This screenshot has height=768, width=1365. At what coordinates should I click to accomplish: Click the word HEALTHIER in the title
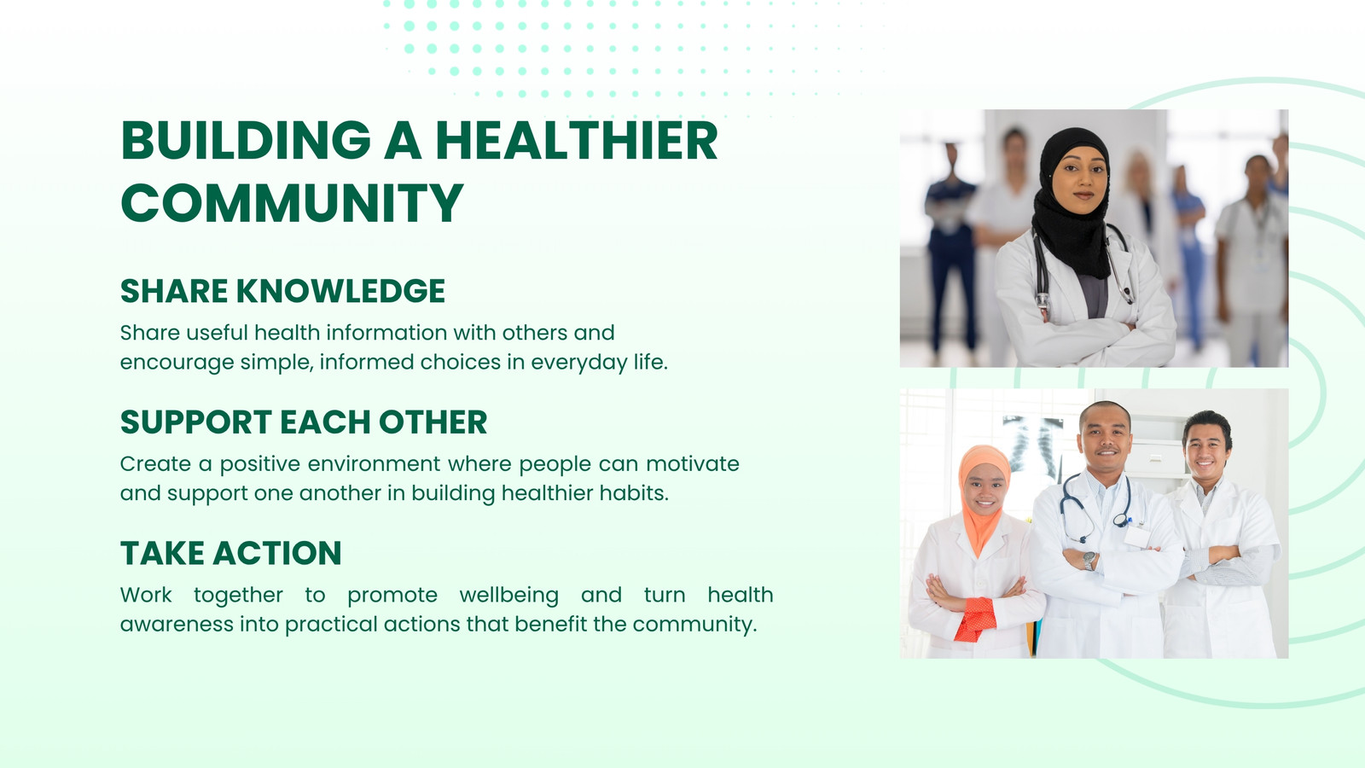(577, 140)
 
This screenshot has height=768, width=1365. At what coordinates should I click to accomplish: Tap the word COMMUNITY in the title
(292, 202)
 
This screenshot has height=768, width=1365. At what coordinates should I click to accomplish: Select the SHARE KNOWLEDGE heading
(282, 291)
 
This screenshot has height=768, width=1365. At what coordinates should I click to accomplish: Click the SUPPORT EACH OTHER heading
(304, 422)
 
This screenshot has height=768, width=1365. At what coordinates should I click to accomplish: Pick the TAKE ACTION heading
(231, 553)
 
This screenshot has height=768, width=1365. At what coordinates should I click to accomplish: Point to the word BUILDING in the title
(246, 140)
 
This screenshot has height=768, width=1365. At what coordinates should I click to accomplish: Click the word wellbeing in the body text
(508, 596)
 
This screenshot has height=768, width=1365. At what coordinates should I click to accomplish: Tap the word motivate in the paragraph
(693, 464)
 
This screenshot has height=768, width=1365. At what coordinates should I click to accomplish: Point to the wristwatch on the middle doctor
(1089, 560)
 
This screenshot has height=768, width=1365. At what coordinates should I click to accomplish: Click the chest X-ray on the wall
(1033, 445)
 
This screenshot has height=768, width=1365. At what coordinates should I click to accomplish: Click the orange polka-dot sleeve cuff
(976, 620)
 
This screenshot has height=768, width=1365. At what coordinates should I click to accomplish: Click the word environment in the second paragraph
(374, 464)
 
